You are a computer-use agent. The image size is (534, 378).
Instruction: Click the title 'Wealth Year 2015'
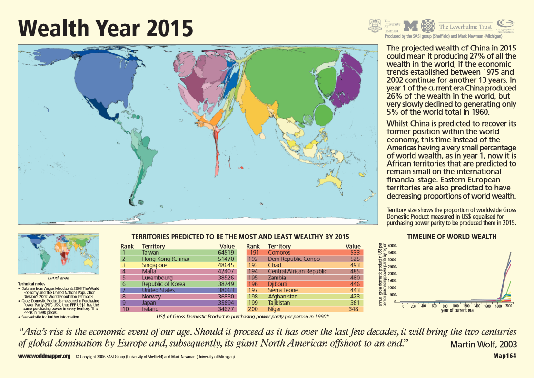pyautogui.click(x=106, y=28)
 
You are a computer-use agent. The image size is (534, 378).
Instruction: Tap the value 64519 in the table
pyautogui.click(x=226, y=253)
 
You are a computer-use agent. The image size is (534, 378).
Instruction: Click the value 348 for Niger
pyautogui.click(x=354, y=309)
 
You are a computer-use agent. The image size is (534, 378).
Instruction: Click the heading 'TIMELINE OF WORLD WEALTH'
pyautogui.click(x=452, y=236)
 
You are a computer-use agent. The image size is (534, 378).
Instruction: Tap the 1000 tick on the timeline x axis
pyautogui.click(x=455, y=306)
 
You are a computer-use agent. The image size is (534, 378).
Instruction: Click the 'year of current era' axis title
pyautogui.click(x=456, y=311)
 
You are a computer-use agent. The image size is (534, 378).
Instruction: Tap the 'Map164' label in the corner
pyautogui.click(x=504, y=356)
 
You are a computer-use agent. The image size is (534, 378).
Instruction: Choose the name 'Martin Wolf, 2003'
pyautogui.click(x=483, y=344)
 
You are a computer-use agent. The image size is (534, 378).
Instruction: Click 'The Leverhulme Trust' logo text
pyautogui.click(x=465, y=27)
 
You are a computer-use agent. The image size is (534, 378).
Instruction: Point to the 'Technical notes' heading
pyautogui.click(x=33, y=284)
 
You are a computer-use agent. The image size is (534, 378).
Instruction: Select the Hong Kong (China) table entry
pyautogui.click(x=166, y=259)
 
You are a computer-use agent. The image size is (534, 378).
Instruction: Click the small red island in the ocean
pyautogui.click(x=242, y=168)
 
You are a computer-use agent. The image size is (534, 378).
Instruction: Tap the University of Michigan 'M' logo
pyautogui.click(x=410, y=26)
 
